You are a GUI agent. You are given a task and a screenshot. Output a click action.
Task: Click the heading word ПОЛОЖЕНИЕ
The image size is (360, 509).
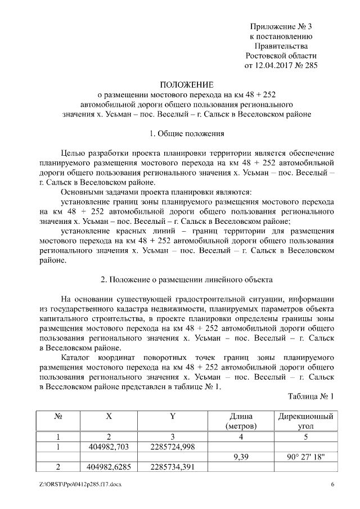coord(186,83)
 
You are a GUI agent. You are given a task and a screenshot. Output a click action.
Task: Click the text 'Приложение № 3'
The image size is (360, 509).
coord(281,26)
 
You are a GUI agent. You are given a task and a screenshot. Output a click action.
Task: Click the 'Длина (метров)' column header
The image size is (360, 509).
coord(241,421)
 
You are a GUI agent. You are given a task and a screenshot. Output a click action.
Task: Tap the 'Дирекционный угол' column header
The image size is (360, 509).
coord(305,421)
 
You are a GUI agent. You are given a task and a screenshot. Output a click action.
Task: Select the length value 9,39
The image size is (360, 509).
coord(241,457)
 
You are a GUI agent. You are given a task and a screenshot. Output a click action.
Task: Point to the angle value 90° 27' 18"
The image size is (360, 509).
coord(305,457)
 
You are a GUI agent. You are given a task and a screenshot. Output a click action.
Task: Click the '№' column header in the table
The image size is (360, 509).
coord(58,417)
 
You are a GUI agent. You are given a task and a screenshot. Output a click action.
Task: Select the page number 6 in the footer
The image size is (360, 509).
coord(332,484)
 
